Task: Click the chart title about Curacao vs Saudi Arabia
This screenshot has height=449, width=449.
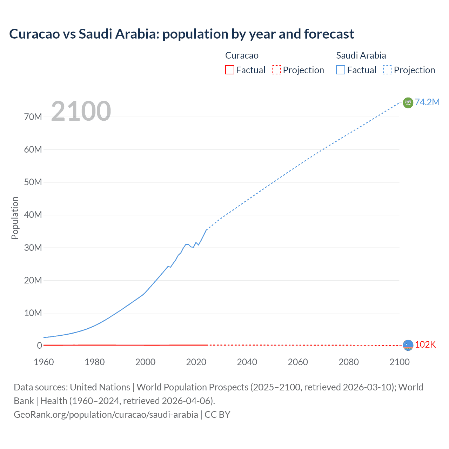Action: pos(181,34)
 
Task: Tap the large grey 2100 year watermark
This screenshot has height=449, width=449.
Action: pos(81,111)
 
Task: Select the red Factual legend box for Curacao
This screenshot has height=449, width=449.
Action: pos(229,70)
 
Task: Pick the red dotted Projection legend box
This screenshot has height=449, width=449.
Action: pos(276,70)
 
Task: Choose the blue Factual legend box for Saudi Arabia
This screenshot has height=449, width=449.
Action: pos(341,70)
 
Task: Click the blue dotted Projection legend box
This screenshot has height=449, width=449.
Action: pos(388,70)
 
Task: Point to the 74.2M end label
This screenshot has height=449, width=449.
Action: pos(427,102)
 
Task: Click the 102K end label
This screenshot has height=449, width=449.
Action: pos(425,344)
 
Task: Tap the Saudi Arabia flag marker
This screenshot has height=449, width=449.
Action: pos(408,102)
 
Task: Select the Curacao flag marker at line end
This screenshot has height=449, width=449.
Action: pos(408,345)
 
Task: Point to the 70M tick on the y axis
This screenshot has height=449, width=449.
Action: pos(33,117)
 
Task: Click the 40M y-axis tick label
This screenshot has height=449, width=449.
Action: pos(33,215)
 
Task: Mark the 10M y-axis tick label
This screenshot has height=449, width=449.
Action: pos(33,313)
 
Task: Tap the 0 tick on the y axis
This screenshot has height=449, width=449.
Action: pos(39,346)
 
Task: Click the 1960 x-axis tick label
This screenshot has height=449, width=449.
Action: pos(44,362)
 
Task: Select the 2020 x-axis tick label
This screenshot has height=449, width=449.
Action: pos(196,362)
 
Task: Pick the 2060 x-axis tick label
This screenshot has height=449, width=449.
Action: pos(298,362)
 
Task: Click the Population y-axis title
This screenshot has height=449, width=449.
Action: pos(15,218)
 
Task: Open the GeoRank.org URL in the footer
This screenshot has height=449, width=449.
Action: pos(106,415)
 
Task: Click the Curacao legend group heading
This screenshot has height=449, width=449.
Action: pos(242,55)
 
